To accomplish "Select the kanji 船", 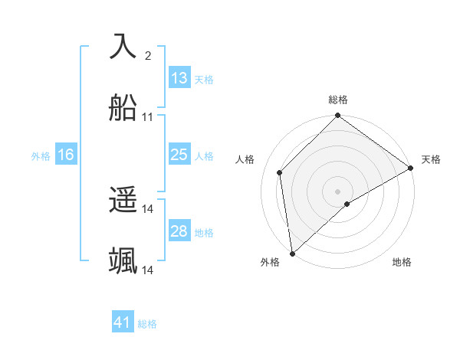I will (123, 108).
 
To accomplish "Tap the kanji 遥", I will (123, 201).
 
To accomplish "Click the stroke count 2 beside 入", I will (147, 55).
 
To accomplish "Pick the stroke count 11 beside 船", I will (148, 117).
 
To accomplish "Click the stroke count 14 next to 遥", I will (148, 209).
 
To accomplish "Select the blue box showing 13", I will (179, 78).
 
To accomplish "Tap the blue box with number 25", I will (179, 155).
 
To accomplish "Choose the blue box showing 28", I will (179, 231).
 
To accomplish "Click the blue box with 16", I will (66, 155).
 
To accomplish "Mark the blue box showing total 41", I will (123, 322).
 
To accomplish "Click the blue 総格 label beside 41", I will (147, 324).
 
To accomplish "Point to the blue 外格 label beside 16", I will (41, 156).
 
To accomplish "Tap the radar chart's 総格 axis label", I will (338, 100).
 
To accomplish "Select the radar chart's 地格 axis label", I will (402, 263).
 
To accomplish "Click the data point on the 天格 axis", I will (411, 168).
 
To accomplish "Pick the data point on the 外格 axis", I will (292, 254).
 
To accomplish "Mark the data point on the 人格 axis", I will (280, 172).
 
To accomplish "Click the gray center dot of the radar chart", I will (338, 191).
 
